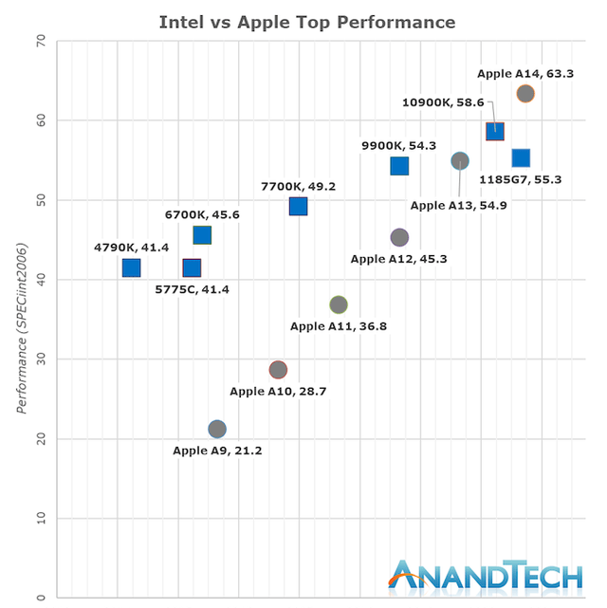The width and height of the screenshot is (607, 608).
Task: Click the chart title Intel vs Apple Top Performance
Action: pyautogui.click(x=306, y=22)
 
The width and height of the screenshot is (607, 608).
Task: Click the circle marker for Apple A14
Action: pyautogui.click(x=525, y=94)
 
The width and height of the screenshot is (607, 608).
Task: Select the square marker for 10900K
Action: pyautogui.click(x=495, y=131)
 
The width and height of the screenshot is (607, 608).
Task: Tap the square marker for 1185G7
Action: pyautogui.click(x=521, y=157)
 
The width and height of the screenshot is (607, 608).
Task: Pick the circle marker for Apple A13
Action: pyautogui.click(x=460, y=161)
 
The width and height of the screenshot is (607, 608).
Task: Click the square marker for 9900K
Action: pyautogui.click(x=399, y=166)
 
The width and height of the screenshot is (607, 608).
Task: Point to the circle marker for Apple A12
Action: pyautogui.click(x=399, y=237)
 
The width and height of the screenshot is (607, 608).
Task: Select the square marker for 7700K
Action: pyautogui.click(x=298, y=206)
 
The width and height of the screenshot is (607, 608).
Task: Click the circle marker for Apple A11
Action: pyautogui.click(x=339, y=304)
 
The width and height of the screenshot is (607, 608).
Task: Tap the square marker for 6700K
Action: pyautogui.click(x=202, y=234)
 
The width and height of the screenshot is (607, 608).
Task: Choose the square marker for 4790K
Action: pyautogui.click(x=131, y=268)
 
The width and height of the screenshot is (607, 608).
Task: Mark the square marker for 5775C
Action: pyautogui.click(x=192, y=268)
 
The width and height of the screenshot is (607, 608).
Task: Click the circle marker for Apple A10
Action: pyautogui.click(x=278, y=369)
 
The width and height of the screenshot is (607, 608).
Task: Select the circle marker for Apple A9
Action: pyautogui.click(x=217, y=429)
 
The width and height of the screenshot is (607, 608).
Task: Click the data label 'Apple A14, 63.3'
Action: pyautogui.click(x=525, y=72)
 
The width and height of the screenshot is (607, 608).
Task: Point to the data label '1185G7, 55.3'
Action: pyautogui.click(x=528, y=178)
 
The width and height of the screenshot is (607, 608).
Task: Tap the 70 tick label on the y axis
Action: pyautogui.click(x=40, y=41)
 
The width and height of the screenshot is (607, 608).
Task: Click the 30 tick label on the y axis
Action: pyautogui.click(x=40, y=359)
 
